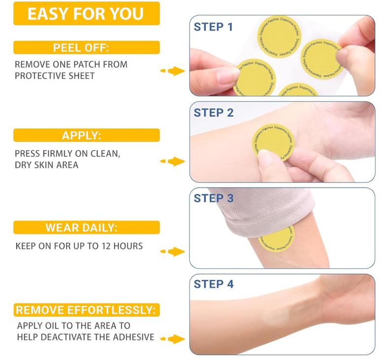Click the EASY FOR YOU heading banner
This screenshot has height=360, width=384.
(x=86, y=13)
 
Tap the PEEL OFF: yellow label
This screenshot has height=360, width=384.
(x=86, y=47)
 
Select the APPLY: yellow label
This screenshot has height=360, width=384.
(x=86, y=135)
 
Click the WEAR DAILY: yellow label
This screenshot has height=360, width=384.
(x=86, y=228)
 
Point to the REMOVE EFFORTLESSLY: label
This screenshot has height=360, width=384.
(x=86, y=310)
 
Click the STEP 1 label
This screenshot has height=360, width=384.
(x=213, y=27)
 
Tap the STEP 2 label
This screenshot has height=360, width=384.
(x=213, y=113)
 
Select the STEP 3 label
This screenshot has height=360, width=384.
(x=213, y=198)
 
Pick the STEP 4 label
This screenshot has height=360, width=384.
(x=213, y=284)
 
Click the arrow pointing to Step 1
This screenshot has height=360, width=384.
(x=173, y=71)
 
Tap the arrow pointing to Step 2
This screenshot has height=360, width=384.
(x=173, y=161)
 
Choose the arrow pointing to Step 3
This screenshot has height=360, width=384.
(x=173, y=251)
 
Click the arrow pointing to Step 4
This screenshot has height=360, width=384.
(x=173, y=339)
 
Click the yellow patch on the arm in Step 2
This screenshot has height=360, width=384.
(x=273, y=141)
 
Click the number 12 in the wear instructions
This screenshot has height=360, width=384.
(x=106, y=246)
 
